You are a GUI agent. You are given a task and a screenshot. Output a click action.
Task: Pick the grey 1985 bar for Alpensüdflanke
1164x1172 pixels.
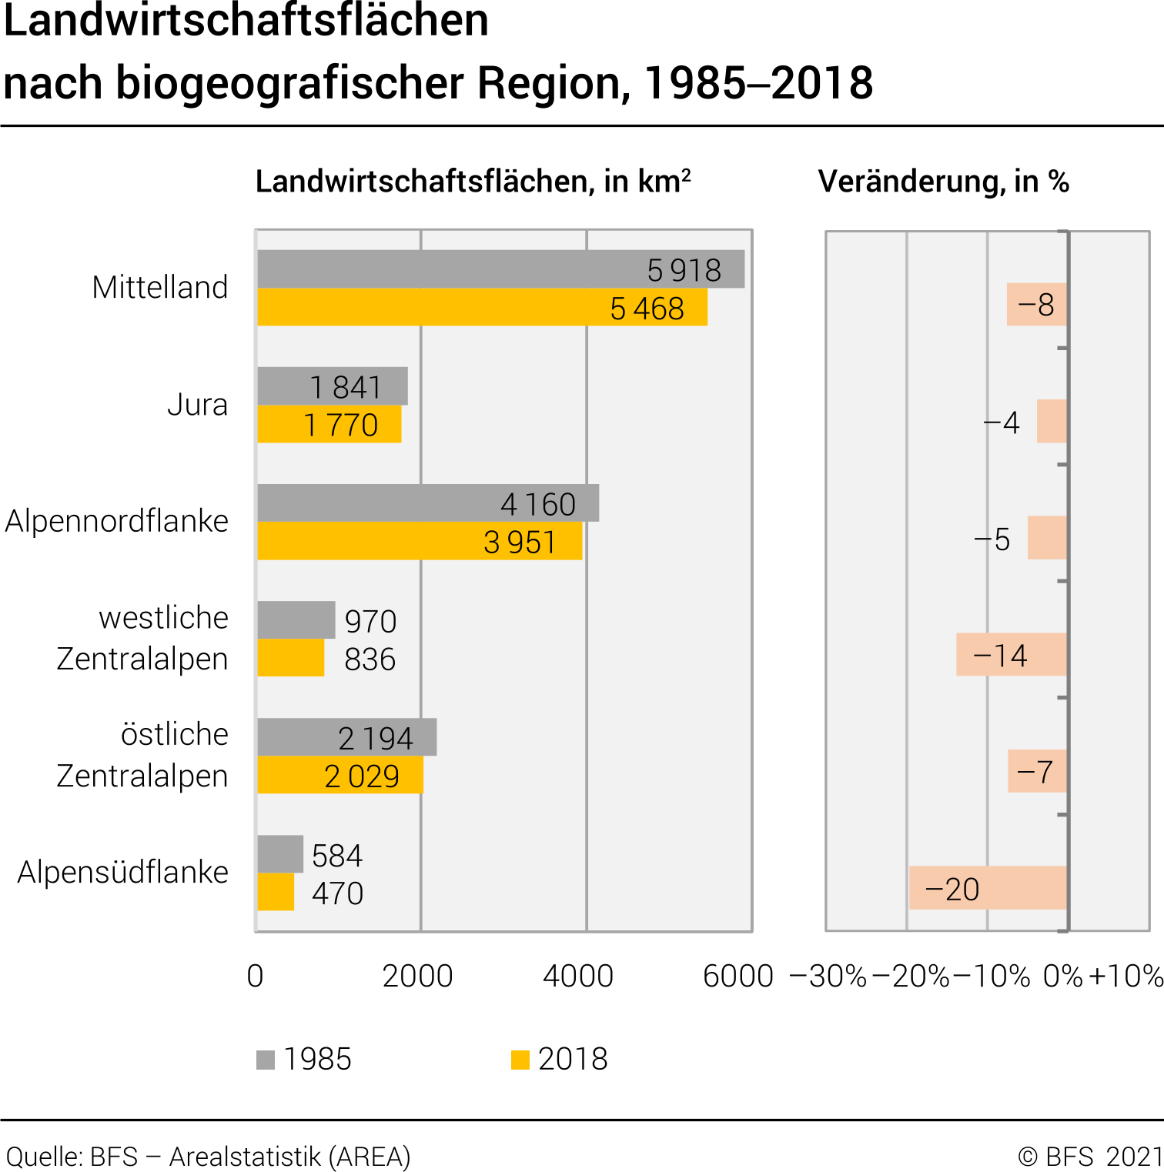tap(280, 854)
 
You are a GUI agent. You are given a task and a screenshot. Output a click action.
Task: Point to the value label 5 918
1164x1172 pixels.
tap(684, 270)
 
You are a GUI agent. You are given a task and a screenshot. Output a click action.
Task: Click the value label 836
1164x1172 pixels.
tap(370, 659)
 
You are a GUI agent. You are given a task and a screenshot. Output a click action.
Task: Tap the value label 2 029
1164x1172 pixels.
tap(362, 776)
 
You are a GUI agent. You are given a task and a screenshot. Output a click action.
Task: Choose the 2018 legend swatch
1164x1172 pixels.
tap(520, 1060)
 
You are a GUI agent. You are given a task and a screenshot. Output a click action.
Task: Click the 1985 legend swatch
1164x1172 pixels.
tap(266, 1060)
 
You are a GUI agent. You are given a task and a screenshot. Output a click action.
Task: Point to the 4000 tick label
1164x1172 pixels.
tap(578, 976)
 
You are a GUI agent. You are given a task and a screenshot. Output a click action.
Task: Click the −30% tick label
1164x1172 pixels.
tap(828, 976)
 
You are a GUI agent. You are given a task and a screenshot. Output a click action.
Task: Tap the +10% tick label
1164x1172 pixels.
tap(1126, 976)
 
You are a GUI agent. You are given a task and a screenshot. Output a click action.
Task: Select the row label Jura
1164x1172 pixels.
tap(198, 405)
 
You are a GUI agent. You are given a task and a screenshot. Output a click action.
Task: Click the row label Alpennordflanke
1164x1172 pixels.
tap(117, 522)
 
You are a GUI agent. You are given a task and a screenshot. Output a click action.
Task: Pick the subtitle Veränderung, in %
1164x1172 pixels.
tap(943, 182)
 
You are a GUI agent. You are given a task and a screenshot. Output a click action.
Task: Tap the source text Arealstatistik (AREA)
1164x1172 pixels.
tap(290, 1157)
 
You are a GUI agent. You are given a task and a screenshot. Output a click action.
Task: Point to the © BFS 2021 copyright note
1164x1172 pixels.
tap(1090, 1157)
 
